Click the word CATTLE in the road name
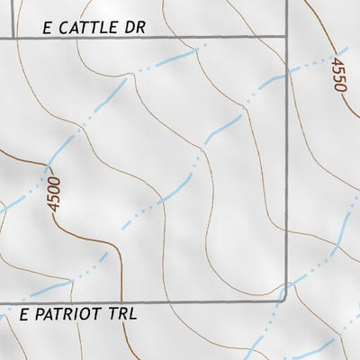[x=88, y=29]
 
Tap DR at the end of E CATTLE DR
[x=134, y=29]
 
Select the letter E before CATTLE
[x=48, y=29]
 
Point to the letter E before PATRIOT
[x=24, y=315]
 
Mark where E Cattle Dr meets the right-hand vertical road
[x=287, y=38]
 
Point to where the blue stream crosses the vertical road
[x=287, y=75]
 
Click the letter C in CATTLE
[x=65, y=29]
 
